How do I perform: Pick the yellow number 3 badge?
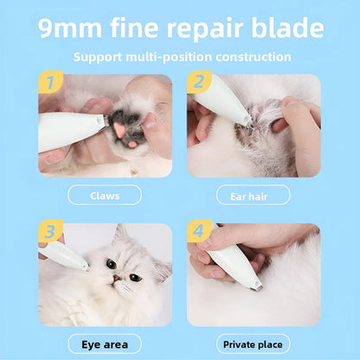tap(49, 233)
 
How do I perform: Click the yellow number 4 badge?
tap(198, 233)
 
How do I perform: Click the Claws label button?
tap(105, 195)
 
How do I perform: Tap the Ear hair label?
tap(253, 195)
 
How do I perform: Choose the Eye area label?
tap(105, 344)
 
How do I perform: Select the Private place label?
tap(253, 344)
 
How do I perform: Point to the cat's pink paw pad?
tap(119, 129)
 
